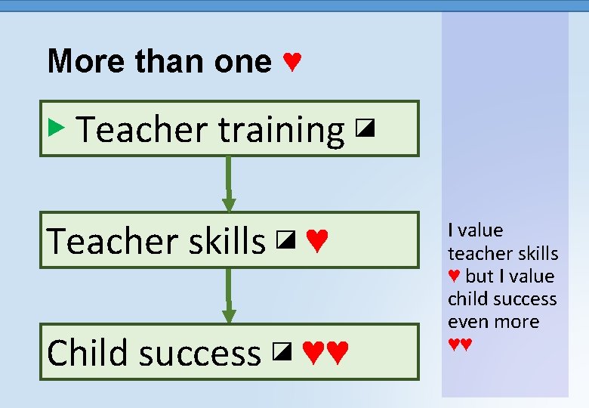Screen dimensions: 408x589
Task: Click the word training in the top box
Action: pyautogui.click(x=282, y=131)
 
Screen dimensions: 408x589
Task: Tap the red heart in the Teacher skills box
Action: pyautogui.click(x=317, y=242)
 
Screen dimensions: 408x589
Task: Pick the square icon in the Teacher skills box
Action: pyautogui.click(x=284, y=241)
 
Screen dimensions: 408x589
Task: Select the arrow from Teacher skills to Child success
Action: pyautogui.click(x=228, y=295)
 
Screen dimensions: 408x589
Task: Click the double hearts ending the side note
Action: pyautogui.click(x=460, y=345)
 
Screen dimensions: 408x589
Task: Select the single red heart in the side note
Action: pyautogui.click(x=454, y=277)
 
